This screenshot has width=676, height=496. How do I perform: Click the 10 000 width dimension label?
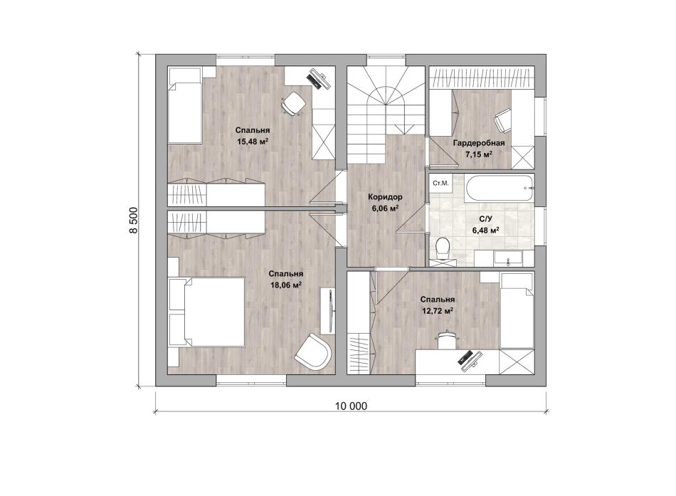351,406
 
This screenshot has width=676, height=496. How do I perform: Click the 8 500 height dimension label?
134,221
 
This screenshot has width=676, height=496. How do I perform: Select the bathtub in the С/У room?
500,188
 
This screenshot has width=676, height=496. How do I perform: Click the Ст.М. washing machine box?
440,183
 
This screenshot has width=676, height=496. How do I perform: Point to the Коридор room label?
385,197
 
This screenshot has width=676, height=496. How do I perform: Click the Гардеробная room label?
479,143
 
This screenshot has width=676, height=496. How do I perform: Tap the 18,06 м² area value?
286,285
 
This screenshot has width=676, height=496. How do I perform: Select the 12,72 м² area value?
438,310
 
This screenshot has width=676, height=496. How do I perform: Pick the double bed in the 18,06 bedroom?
207,312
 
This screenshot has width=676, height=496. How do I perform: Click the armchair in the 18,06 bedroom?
313,351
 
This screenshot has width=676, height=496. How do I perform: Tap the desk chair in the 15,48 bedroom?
293,103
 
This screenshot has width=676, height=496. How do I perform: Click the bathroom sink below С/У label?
508,258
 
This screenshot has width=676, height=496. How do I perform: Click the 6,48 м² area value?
486,231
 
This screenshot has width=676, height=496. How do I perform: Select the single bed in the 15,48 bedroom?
185,105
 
